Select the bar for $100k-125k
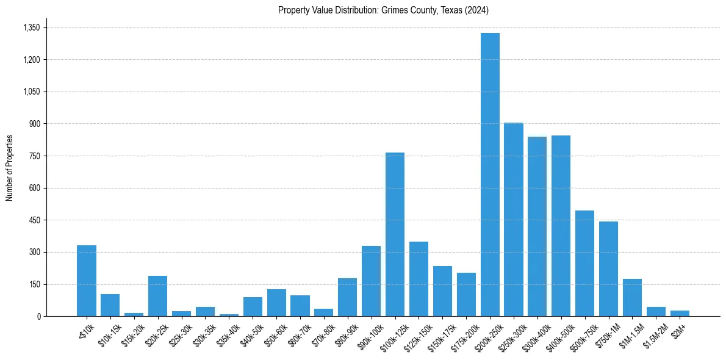[x=395, y=234]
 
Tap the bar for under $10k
[x=87, y=281]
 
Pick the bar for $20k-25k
[x=157, y=296]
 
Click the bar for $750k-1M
[x=608, y=268]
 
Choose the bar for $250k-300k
[x=514, y=220]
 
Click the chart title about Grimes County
[x=383, y=10]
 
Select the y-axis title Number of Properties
[x=10, y=168]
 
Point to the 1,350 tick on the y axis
[x=31, y=27]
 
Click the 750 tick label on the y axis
[x=34, y=156]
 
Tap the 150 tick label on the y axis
[x=34, y=284]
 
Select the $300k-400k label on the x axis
[x=534, y=332]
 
